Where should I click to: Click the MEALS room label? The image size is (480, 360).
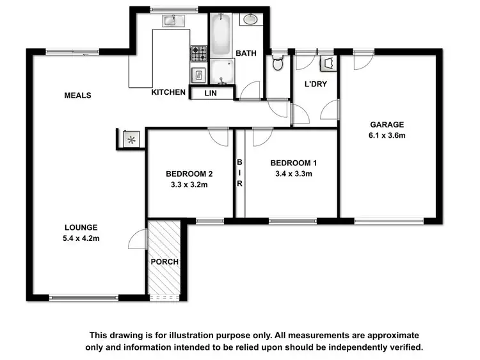pos(78,95)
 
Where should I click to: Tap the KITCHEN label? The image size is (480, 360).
pos(168,92)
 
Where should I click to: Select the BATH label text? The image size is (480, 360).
pos(246,53)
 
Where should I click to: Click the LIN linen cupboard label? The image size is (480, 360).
pos(211,94)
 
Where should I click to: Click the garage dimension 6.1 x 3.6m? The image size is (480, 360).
pos(388,135)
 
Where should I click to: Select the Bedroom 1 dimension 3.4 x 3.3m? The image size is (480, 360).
pos(293,173)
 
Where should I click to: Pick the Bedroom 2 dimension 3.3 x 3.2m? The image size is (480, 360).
pos(189,184)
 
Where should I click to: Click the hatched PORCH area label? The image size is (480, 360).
pos(164,262)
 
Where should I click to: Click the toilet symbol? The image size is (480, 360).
pos(278,63)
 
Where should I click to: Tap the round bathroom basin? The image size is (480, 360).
pos(249,19)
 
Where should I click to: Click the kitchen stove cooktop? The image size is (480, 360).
pos(198,52)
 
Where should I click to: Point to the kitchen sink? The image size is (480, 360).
pos(170,20)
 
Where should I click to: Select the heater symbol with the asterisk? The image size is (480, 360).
pos(131,139)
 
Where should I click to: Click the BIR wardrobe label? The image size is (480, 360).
pos(240,173)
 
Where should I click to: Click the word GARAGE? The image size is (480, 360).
pos(388,124)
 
